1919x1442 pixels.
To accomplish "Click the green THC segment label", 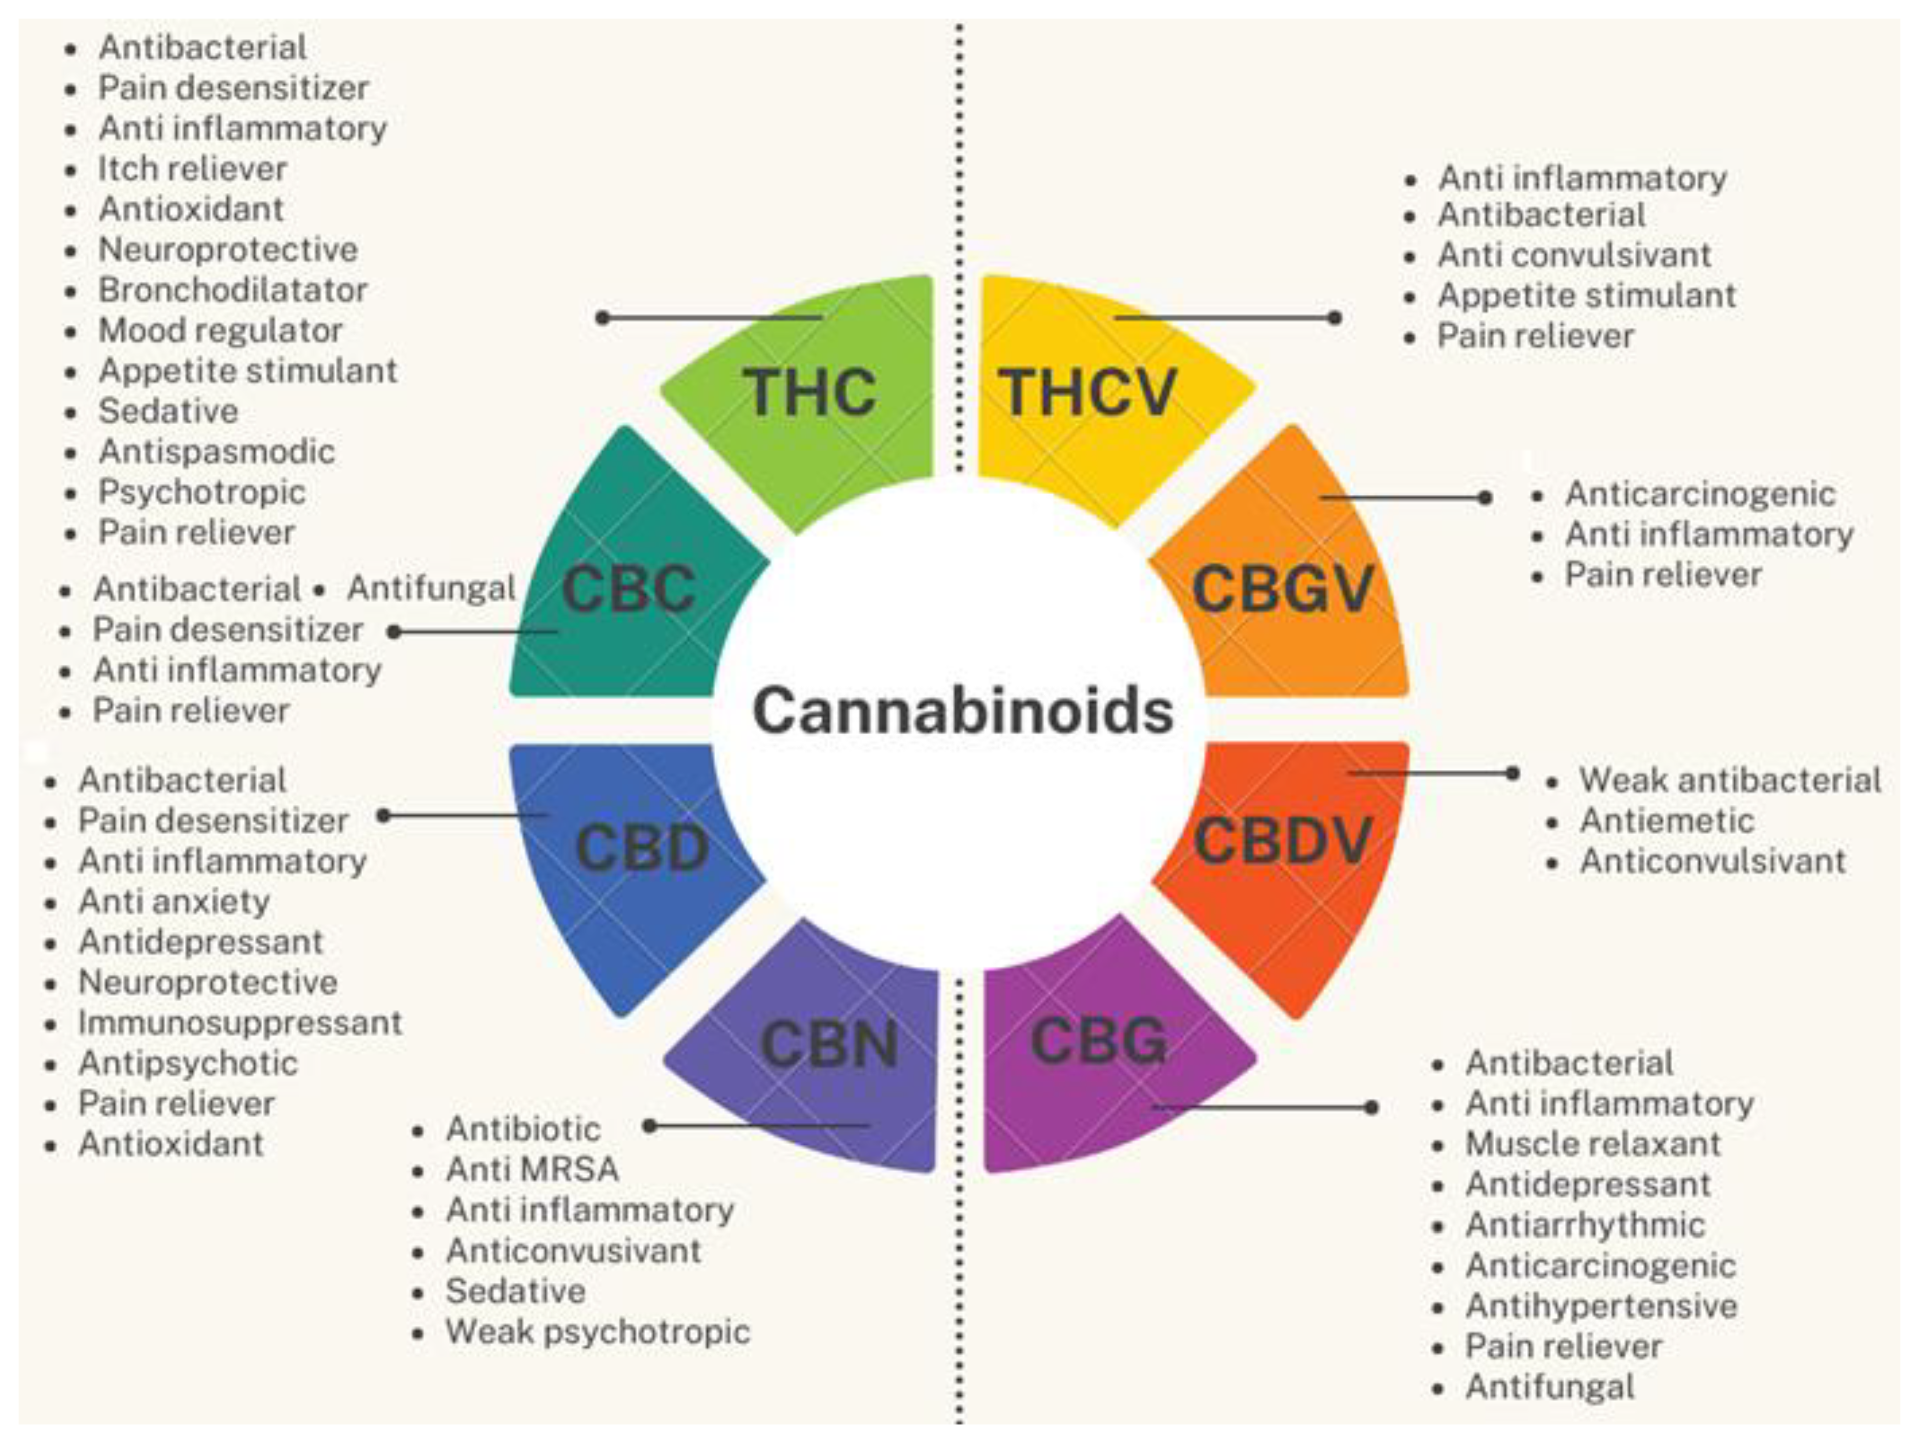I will click(x=809, y=392).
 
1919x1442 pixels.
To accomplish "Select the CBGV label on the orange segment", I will click(x=1282, y=589).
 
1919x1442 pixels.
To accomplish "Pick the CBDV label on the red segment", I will click(x=1282, y=841).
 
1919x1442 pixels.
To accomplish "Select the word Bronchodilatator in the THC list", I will click(x=233, y=290).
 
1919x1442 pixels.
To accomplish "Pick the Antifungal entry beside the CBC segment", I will click(x=431, y=588).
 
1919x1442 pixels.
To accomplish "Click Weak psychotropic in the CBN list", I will click(x=597, y=1331).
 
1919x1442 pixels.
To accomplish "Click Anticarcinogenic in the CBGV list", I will click(x=1700, y=494).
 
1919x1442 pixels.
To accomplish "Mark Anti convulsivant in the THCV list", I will click(x=1574, y=254).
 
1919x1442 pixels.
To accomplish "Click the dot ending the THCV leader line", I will click(x=1335, y=317).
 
